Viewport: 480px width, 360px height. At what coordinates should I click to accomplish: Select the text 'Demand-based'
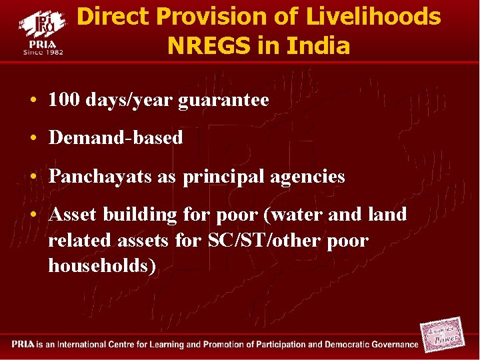click(x=115, y=138)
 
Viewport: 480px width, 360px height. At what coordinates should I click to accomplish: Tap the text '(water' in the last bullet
click(x=300, y=215)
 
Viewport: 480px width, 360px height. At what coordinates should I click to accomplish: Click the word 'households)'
click(x=102, y=265)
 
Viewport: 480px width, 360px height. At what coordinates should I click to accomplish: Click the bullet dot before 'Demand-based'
click(x=33, y=139)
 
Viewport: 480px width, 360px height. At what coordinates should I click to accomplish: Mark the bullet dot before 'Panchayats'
click(x=33, y=177)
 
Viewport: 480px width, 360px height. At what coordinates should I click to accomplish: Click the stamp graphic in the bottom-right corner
click(x=441, y=336)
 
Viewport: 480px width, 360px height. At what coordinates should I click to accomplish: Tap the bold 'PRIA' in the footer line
click(x=23, y=345)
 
